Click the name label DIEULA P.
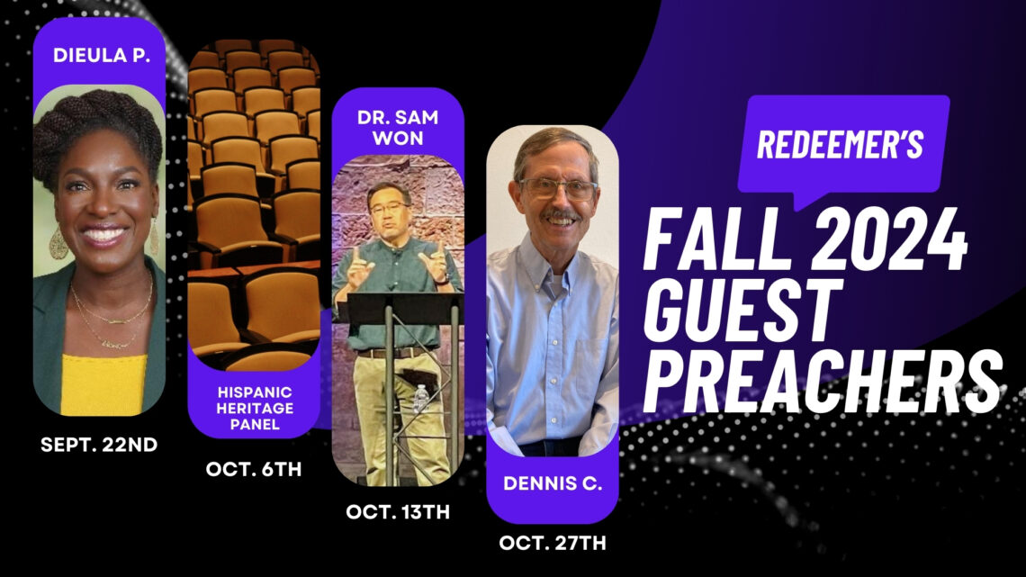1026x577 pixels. click(99, 55)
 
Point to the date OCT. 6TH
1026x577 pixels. click(253, 469)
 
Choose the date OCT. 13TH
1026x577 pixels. click(398, 511)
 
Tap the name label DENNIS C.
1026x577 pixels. click(553, 482)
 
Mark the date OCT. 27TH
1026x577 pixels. click(553, 543)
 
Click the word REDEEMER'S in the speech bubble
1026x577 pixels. click(840, 145)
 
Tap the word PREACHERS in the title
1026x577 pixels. click(823, 378)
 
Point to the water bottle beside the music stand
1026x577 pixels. click(419, 398)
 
